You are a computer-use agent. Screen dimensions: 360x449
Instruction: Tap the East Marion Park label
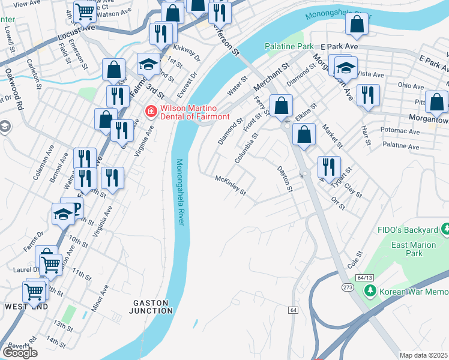(x=415, y=249)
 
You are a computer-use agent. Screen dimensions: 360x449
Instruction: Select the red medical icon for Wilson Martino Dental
(x=151, y=111)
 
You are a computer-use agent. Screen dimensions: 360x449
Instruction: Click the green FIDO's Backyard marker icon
(x=445, y=230)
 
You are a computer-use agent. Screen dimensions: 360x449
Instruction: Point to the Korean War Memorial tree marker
(x=370, y=292)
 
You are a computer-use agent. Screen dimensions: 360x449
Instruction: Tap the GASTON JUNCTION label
(x=151, y=306)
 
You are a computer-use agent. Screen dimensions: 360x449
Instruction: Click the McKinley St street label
(x=231, y=185)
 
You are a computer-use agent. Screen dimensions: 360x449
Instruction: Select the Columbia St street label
(x=246, y=148)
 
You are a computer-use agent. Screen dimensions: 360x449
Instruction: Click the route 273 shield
(x=348, y=287)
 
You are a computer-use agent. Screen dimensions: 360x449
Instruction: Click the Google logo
(x=20, y=353)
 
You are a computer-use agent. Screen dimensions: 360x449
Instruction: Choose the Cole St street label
(x=355, y=260)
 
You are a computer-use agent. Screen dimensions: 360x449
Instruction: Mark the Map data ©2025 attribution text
(x=424, y=355)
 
